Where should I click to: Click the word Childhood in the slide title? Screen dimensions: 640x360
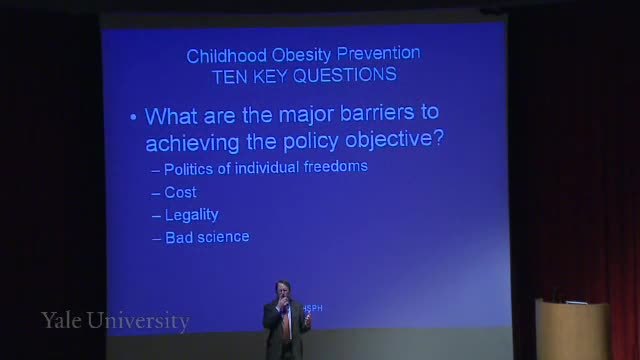227,56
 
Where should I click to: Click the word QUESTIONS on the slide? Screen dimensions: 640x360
345,75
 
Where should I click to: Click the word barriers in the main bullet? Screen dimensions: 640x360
377,112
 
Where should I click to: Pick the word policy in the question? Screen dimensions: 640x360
311,142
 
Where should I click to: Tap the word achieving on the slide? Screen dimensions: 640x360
192,142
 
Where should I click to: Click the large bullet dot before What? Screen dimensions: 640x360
133,118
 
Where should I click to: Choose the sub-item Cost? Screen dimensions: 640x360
180,192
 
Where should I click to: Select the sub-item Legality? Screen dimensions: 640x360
191,215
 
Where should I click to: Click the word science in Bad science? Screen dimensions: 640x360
223,237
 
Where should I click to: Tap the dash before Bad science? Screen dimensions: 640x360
156,239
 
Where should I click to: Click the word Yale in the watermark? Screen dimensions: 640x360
61,320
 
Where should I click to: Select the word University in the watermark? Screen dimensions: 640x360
138,321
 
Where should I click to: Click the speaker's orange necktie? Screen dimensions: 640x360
287,322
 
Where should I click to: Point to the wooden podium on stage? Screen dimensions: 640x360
572,329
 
